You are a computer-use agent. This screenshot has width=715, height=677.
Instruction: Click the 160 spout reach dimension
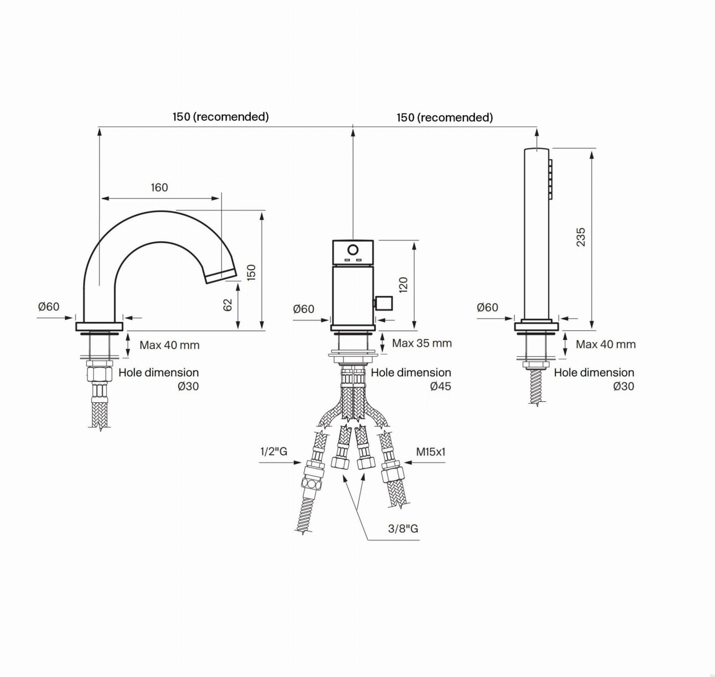coord(159,187)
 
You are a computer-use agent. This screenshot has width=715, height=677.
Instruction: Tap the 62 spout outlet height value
coord(228,305)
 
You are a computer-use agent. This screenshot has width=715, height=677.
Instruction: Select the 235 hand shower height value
coord(581,237)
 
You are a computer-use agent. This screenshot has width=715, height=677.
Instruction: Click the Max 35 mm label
coord(422,343)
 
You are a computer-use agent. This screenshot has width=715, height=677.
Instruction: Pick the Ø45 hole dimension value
coord(440,386)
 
